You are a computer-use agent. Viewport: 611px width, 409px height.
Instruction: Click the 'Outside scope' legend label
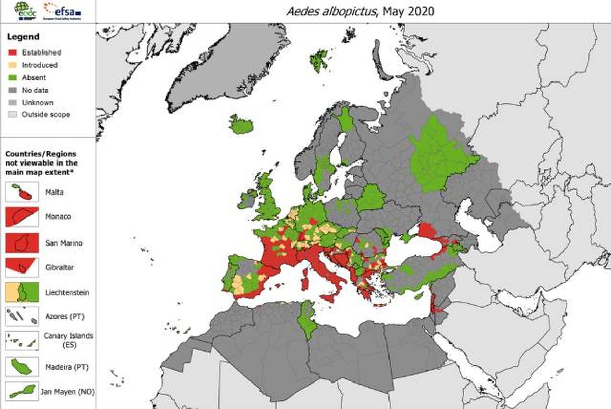[46, 115]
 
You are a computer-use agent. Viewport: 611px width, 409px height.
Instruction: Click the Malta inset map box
[22, 192]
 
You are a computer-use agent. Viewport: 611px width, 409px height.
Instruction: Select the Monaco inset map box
[22, 216]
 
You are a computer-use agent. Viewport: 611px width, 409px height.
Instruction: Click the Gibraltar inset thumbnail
[22, 266]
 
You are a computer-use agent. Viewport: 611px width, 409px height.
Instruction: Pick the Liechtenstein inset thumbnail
[22, 292]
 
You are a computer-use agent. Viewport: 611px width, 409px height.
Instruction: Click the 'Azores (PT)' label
[64, 317]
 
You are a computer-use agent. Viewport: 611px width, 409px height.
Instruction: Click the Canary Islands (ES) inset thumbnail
[22, 340]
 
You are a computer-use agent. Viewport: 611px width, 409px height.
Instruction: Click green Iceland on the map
[240, 125]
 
